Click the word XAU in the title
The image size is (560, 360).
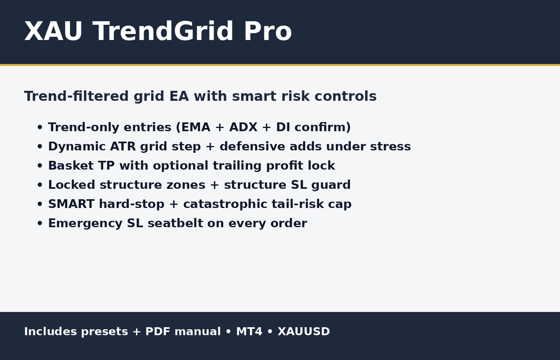point(53,32)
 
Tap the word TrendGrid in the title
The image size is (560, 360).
point(164,32)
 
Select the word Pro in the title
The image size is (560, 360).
point(267,32)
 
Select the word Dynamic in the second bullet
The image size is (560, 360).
point(69,147)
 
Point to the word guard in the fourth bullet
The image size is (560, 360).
point(331,185)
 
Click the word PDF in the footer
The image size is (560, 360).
point(159,332)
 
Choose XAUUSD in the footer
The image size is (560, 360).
point(304,332)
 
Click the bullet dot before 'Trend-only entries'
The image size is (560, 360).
point(39,128)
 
